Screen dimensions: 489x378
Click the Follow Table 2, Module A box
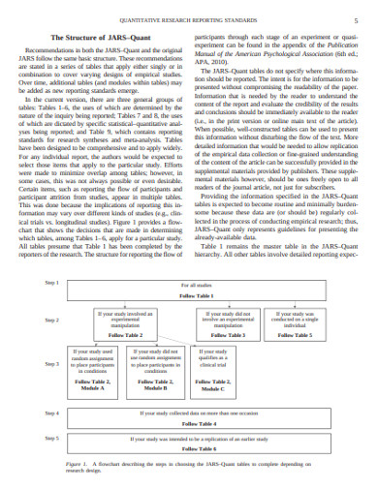click(94, 367)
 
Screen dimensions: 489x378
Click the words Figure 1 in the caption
click(78, 465)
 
